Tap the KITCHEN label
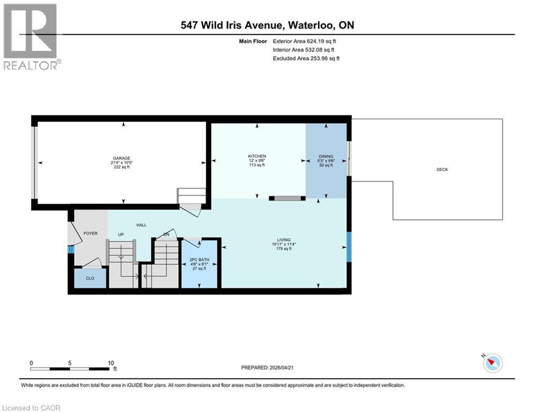257,156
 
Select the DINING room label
326,156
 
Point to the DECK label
442,170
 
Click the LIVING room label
283,240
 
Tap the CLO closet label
90,278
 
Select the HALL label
141,225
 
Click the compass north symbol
492,363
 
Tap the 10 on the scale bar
111,363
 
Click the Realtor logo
31,36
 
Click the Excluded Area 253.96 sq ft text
306,58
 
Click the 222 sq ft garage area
121,167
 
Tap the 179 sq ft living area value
283,249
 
